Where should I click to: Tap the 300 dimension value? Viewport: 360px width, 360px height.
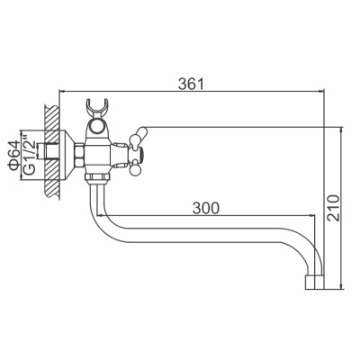tap(207, 208)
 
